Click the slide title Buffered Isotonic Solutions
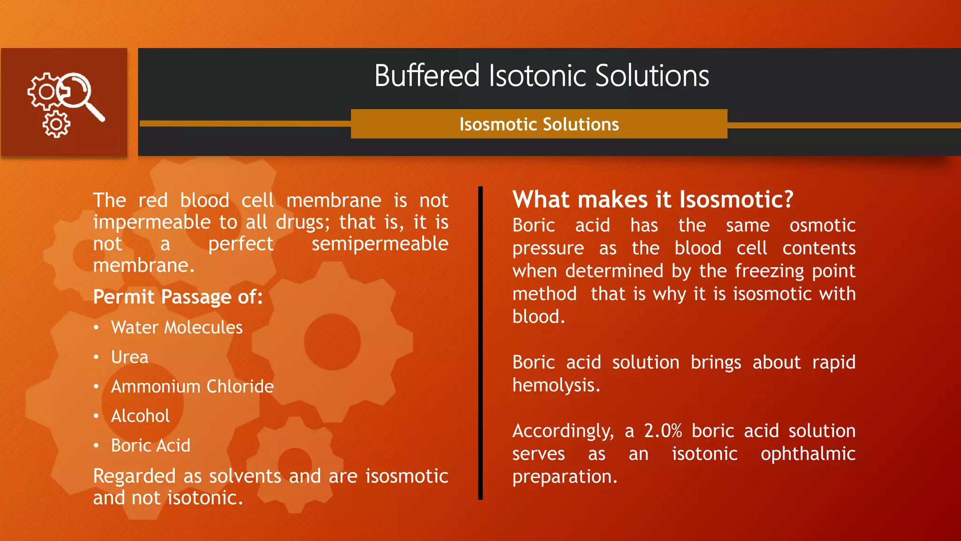(x=542, y=76)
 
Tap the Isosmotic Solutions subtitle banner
(x=539, y=124)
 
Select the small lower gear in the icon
(x=56, y=124)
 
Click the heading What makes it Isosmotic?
(x=652, y=200)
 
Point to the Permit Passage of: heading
(x=177, y=297)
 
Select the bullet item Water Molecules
(x=176, y=327)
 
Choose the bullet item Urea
(x=130, y=357)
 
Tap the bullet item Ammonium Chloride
(x=192, y=386)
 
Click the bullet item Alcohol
(x=140, y=416)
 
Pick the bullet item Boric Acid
(x=151, y=446)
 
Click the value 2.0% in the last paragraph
(x=662, y=431)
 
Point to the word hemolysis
(x=555, y=386)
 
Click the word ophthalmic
(x=808, y=454)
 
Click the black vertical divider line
(x=480, y=343)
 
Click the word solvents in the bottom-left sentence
(x=244, y=476)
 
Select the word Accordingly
(x=562, y=431)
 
